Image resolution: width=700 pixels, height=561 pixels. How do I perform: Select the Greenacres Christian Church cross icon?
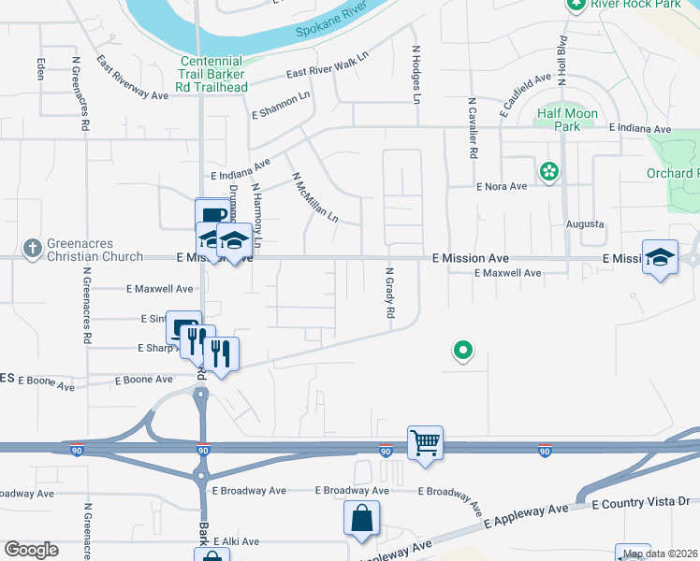[33, 248]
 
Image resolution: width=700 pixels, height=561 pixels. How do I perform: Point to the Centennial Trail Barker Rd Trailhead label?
[213, 74]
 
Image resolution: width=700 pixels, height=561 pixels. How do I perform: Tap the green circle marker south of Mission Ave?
[462, 352]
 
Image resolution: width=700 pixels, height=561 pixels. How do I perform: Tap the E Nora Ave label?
[503, 186]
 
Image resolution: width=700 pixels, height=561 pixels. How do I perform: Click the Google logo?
[31, 550]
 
